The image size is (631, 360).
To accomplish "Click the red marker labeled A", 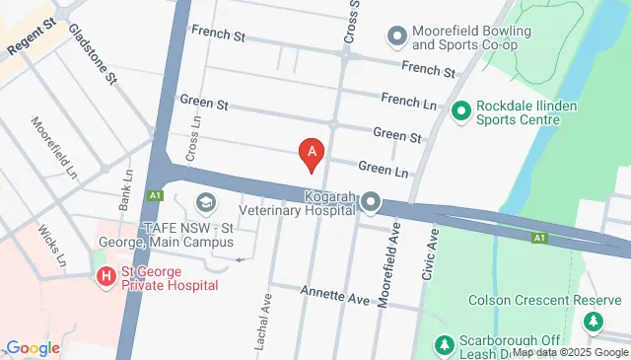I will point(313,153).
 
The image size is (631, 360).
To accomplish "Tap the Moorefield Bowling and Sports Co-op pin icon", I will point(397,37).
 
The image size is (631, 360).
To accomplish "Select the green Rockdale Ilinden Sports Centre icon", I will point(460,112).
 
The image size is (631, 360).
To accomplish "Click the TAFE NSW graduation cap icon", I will point(206,203).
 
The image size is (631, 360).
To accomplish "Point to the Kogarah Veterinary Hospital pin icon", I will point(371,202).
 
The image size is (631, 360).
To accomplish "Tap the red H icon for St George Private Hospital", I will point(105,277).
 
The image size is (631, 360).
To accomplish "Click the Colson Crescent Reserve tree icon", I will point(593,323).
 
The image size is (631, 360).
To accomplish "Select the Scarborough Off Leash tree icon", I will point(444,345).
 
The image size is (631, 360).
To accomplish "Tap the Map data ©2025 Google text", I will point(570,352).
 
